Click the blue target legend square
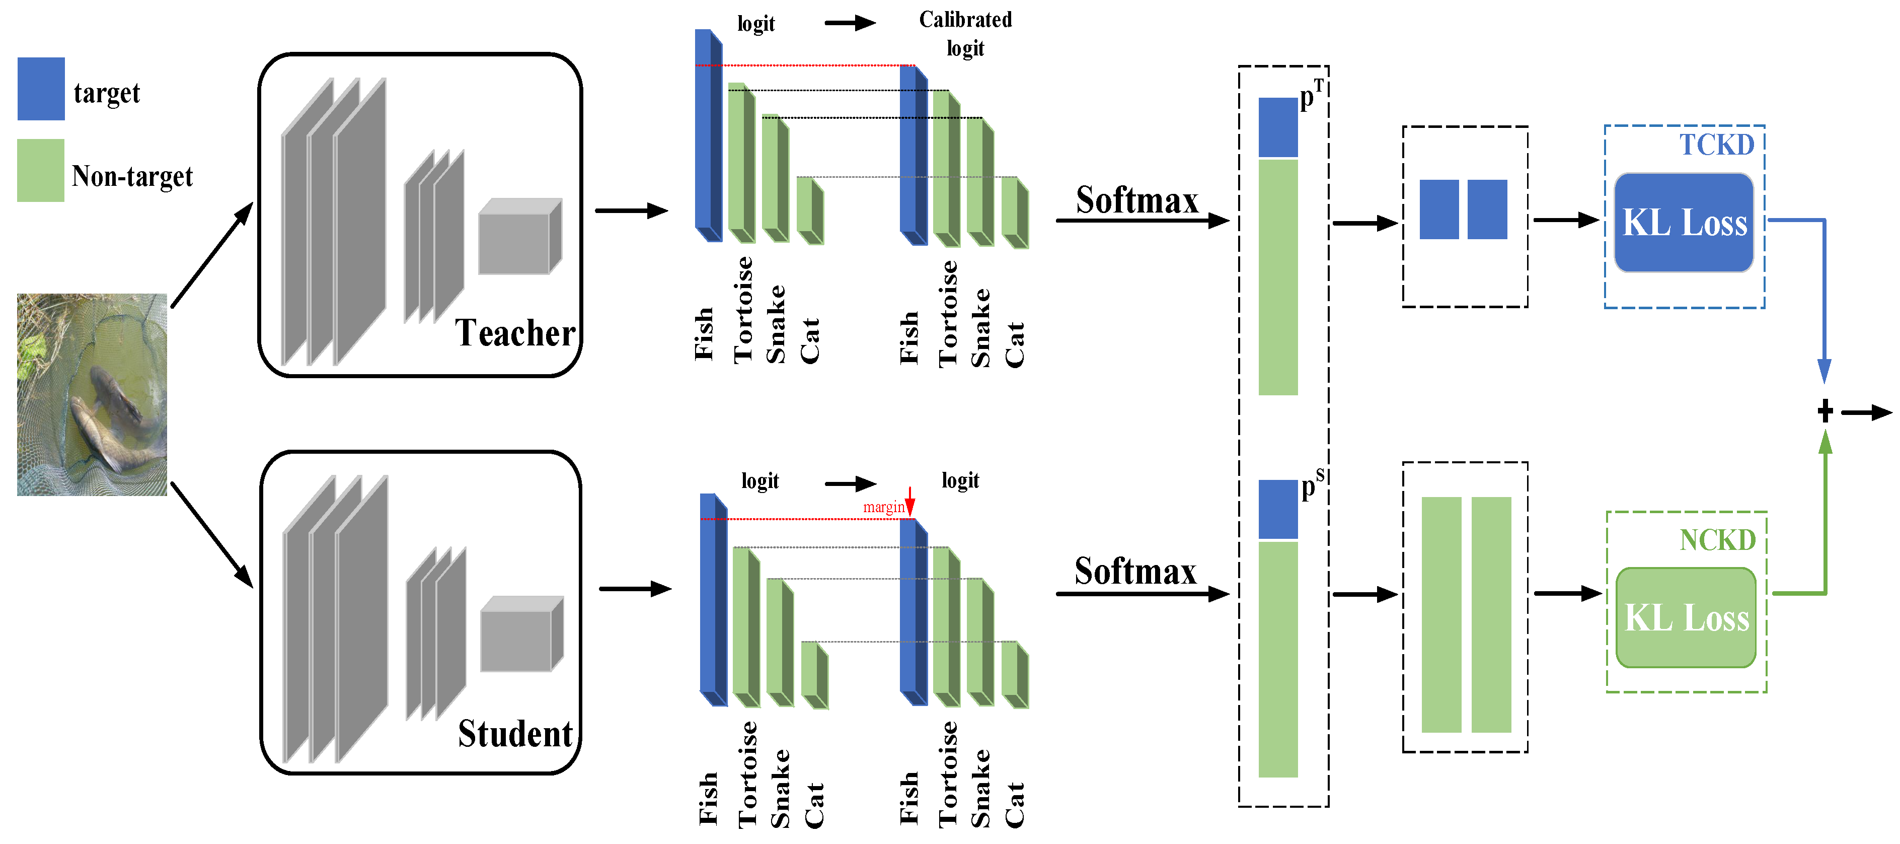pos(41,89)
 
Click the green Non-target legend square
pos(41,170)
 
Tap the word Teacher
pos(515,333)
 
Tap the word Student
pos(515,734)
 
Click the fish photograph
pos(92,395)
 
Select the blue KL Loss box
pos(1684,223)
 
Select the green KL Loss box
pos(1686,617)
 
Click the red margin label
pos(883,508)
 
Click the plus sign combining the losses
pos(1825,411)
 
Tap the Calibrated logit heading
pos(965,34)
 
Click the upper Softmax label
pos(1136,200)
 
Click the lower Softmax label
pos(1135,572)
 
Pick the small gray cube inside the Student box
pos(521,635)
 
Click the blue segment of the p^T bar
pos(1277,127)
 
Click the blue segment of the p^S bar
pos(1277,509)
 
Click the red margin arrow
pos(910,502)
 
